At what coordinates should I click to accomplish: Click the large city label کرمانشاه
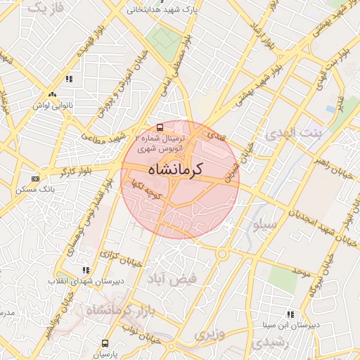[176, 170]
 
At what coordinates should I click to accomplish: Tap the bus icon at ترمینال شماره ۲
[161, 128]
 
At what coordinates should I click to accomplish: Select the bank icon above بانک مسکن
[36, 179]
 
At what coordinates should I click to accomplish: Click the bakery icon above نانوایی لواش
[51, 94]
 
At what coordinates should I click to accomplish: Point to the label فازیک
[49, 8]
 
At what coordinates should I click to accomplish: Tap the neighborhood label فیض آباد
[172, 278]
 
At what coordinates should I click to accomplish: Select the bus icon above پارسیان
[105, 344]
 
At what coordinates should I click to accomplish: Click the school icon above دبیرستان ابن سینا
[290, 314]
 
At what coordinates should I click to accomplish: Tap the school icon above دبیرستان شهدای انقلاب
[86, 270]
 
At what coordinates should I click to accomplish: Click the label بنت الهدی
[290, 133]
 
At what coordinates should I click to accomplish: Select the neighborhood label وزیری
[210, 333]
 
